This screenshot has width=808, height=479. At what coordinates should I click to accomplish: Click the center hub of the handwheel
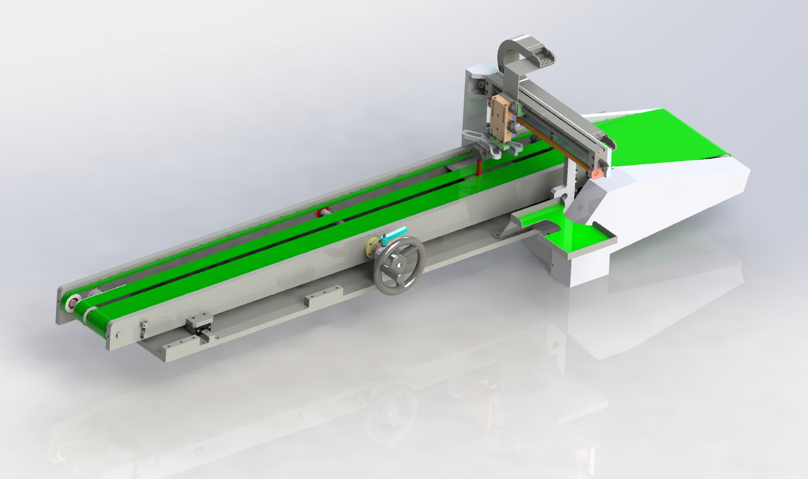(400, 266)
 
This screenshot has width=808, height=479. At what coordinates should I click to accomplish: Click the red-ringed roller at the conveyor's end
(72, 304)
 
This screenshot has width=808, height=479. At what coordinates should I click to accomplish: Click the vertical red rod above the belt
(480, 165)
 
